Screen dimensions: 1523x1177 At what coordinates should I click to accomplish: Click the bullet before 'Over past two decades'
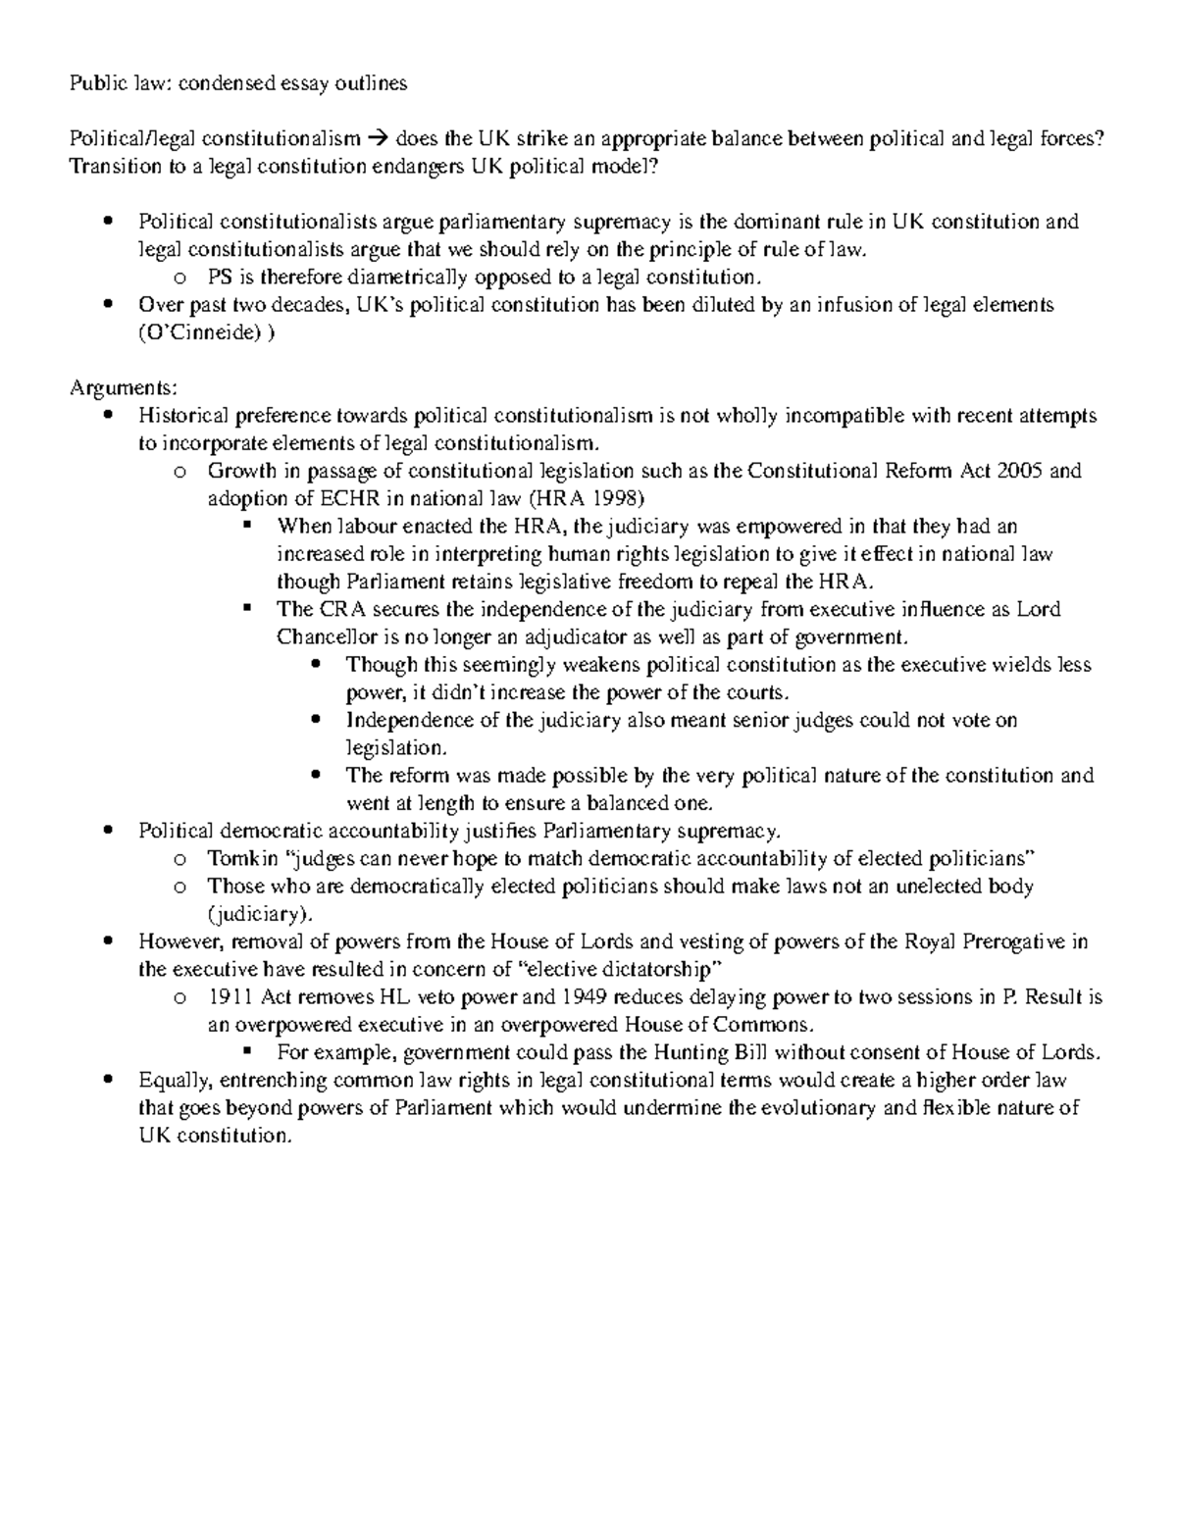[x=109, y=305]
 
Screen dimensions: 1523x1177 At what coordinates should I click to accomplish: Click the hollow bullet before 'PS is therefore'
[x=178, y=278]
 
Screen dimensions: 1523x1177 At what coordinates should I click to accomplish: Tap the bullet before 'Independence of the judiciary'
[x=315, y=721]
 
